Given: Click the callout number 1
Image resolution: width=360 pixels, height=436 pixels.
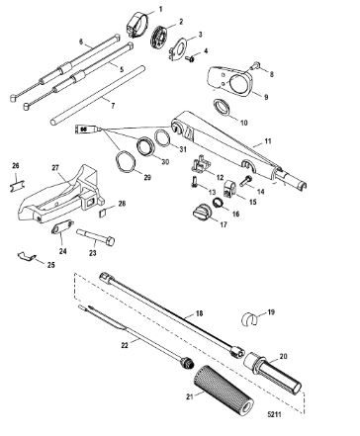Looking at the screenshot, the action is pos(160,9).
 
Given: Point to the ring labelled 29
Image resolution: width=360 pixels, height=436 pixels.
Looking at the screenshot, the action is pos(126,161).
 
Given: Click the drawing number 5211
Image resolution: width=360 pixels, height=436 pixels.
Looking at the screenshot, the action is pos(274,414).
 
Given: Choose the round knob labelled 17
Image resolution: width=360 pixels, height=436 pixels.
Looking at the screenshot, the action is pos(201,211).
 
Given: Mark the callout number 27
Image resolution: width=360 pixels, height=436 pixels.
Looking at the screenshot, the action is pos(55,168).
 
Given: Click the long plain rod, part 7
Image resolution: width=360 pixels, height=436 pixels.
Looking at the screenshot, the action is pos(98,95).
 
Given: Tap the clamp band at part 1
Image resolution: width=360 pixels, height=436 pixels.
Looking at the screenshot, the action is pos(136,23).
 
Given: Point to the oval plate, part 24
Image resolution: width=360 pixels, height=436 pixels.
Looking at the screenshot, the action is pos(61,227).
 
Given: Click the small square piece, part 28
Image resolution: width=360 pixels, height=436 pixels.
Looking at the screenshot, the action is pos(103,213).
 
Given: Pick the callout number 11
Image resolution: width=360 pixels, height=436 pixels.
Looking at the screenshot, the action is pos(268,141).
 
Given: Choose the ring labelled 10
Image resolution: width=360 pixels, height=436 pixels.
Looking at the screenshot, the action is pos(222,107).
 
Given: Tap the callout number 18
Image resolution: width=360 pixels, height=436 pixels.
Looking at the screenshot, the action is pos(199,313).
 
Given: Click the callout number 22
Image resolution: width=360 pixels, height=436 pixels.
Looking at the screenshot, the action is pos(125,345).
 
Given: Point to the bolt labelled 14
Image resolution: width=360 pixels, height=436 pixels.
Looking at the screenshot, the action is pos(245,181).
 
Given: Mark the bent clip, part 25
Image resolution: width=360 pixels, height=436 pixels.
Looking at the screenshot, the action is pos(27,256).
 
